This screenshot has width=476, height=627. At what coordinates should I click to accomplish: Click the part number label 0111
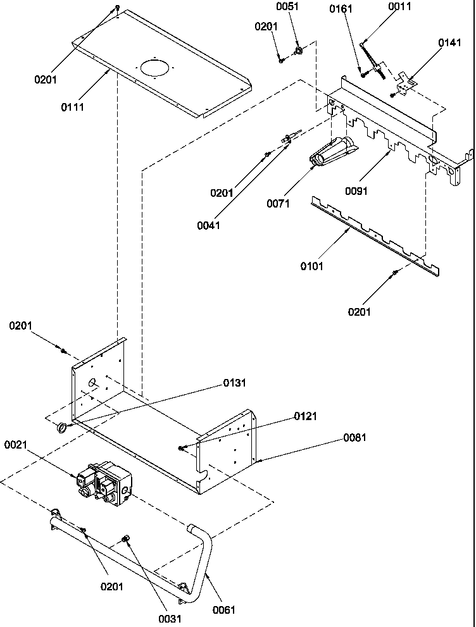pyautogui.click(x=72, y=107)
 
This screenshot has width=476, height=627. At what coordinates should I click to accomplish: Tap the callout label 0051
pyautogui.click(x=296, y=7)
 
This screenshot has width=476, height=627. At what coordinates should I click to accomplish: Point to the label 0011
pyautogui.click(x=400, y=7)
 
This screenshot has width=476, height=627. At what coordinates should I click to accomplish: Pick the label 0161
pyautogui.click(x=341, y=8)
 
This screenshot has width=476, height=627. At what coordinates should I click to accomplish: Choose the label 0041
pyautogui.click(x=208, y=225)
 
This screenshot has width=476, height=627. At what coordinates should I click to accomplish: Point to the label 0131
pyautogui.click(x=234, y=383)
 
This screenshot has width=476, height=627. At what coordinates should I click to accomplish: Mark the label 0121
pyautogui.click(x=305, y=416)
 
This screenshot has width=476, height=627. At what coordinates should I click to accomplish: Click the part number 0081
pyautogui.click(x=354, y=437)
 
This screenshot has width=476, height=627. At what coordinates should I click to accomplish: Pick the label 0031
pyautogui.click(x=170, y=619)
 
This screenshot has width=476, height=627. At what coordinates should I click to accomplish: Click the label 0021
pyautogui.click(x=16, y=445)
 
